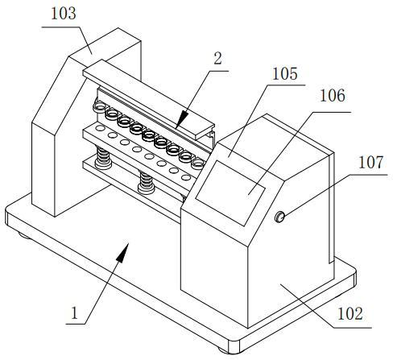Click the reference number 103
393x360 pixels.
[64, 14]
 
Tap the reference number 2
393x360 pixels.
[217, 58]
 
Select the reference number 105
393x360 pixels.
[285, 74]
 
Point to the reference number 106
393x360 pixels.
[333, 96]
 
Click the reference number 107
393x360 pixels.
[371, 163]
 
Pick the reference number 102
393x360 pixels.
[350, 314]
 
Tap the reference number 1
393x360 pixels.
[74, 313]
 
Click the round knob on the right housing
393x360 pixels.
[279, 217]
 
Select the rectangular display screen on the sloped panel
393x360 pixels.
[230, 193]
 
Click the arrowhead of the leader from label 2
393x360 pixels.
[182, 118]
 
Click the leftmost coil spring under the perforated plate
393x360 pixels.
[103, 158]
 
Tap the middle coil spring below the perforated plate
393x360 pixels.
[146, 183]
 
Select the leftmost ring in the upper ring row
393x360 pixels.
[100, 108]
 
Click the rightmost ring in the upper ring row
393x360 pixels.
[198, 163]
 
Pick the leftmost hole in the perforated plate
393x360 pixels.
[100, 128]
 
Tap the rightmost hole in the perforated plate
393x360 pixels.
[186, 177]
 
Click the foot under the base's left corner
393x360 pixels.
[23, 236]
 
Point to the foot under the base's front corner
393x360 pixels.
[224, 350]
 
